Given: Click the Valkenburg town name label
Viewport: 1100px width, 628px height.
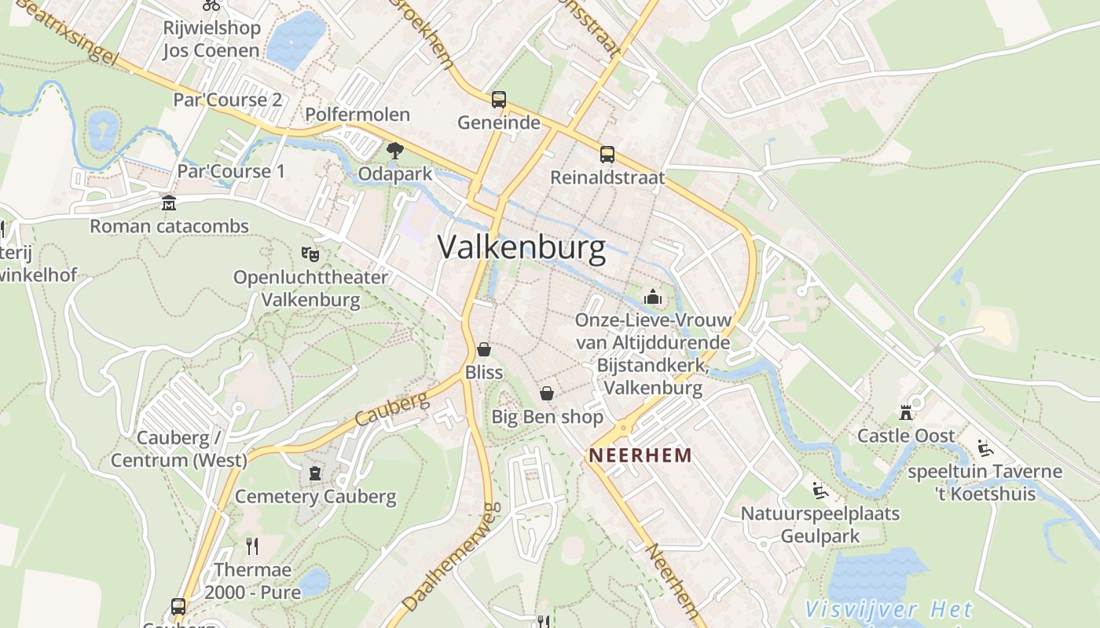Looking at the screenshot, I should point(522,248).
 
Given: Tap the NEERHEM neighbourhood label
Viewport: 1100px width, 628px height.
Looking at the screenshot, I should point(641,455).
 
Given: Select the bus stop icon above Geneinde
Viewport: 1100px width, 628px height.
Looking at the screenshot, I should point(499,100).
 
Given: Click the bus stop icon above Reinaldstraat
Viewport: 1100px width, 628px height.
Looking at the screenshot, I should point(607,154).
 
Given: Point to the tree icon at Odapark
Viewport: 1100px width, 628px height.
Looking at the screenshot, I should point(394,149).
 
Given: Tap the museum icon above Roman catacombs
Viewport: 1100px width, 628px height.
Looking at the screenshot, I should point(169,203).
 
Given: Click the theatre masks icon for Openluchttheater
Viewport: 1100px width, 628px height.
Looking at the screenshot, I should point(310,254).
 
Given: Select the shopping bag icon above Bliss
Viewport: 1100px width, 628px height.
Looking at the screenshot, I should point(484,349).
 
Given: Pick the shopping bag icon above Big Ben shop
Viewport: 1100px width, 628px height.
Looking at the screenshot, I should point(547,393).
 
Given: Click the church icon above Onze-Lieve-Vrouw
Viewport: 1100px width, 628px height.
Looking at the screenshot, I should point(652,297).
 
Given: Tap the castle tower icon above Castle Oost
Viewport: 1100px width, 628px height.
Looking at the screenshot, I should point(906,412).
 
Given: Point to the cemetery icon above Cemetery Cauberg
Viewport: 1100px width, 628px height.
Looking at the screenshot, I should point(315,473).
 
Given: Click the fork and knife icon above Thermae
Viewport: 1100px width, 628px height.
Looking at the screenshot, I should point(252,546).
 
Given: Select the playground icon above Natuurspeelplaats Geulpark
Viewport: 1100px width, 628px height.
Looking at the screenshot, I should point(820,491).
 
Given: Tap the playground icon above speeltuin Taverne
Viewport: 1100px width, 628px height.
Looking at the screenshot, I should point(985,448).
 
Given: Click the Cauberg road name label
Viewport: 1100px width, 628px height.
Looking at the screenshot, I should point(392,408).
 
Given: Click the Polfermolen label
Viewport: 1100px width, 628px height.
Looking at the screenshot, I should point(357,115).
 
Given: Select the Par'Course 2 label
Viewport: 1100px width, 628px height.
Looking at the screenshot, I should point(227,100).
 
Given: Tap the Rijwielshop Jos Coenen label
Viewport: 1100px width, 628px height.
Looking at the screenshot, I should point(211,39).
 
